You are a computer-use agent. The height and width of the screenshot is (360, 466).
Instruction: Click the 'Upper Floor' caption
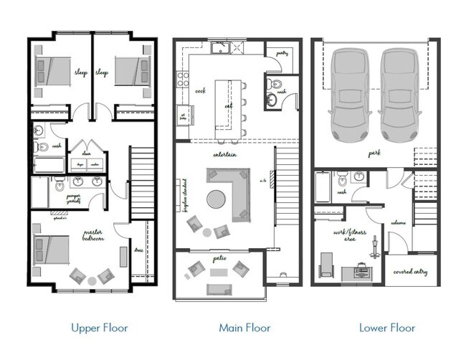[99, 328]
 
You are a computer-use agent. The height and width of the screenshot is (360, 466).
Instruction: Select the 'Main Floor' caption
[244, 328]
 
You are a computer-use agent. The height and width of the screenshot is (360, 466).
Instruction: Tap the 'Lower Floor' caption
[386, 328]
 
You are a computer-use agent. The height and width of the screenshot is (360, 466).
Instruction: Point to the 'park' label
[374, 153]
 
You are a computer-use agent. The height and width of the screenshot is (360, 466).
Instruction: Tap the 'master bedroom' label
[93, 235]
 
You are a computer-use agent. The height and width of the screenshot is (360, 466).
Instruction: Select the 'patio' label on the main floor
[219, 256]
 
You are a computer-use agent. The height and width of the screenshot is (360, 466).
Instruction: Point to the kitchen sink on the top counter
[221, 48]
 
